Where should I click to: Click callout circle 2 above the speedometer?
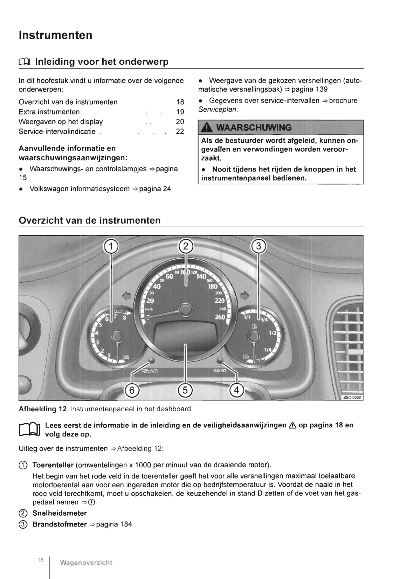coord(186,246)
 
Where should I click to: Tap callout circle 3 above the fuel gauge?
coord(259,246)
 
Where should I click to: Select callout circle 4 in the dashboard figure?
coord(236,390)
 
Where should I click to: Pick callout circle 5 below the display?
coord(185,390)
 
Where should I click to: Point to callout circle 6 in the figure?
coord(132,390)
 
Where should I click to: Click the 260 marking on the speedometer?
coord(220,317)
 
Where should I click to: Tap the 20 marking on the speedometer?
coord(150,301)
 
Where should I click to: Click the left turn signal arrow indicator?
coord(126,296)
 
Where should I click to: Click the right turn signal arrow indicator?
coord(244,296)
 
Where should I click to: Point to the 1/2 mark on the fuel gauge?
coord(273,333)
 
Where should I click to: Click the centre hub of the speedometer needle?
coord(185,309)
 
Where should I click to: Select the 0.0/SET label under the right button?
coord(220,370)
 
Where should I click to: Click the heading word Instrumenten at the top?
coord(55,35)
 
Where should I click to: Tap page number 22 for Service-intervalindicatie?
coord(180,132)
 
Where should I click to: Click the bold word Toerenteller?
coord(53,465)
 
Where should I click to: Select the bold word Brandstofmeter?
coord(60,524)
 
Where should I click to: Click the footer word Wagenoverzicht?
coord(86,563)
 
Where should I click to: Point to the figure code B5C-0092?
coord(352,397)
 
